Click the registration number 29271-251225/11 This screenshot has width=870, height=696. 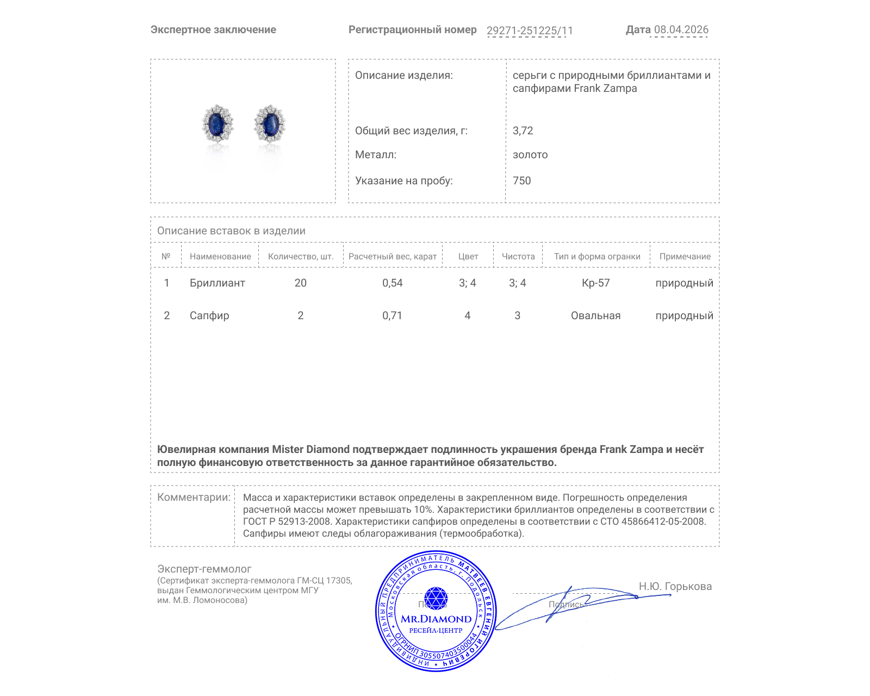pos(530,30)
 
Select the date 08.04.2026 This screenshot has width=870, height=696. pos(681,30)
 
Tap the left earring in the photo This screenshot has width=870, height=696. pos(217,123)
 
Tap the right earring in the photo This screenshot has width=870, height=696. pos(270,123)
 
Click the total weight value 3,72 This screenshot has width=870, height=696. pos(523,130)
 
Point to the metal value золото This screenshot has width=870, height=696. pos(530,154)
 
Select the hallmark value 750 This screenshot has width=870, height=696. pos(521,181)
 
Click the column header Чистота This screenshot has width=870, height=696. pos(518,257)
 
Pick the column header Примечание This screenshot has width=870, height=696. pos(685,257)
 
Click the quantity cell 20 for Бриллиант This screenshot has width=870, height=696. pos(300,283)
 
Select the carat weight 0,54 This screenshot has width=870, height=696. pos(392,283)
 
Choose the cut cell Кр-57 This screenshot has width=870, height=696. pos(595,283)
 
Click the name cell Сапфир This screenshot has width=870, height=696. pos(209,315)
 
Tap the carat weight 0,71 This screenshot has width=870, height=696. pos(392,315)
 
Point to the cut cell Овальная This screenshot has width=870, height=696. pos(595,315)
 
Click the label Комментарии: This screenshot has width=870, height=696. pos(194,497)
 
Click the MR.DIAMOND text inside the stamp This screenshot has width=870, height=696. pos(436,619)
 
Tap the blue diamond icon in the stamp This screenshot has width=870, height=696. pos(436,598)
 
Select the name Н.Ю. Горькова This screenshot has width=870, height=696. pos(675,586)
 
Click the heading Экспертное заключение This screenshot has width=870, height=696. pos(213,30)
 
